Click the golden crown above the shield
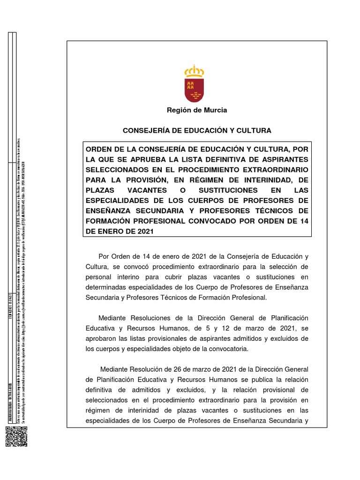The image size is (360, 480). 194,72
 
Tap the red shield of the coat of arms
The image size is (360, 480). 194,90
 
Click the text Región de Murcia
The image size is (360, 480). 197,110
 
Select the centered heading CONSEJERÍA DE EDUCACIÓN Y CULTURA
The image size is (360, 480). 197,130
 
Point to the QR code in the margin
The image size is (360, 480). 14,437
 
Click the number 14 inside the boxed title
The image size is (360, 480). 304,221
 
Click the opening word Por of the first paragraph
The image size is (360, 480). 104,256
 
